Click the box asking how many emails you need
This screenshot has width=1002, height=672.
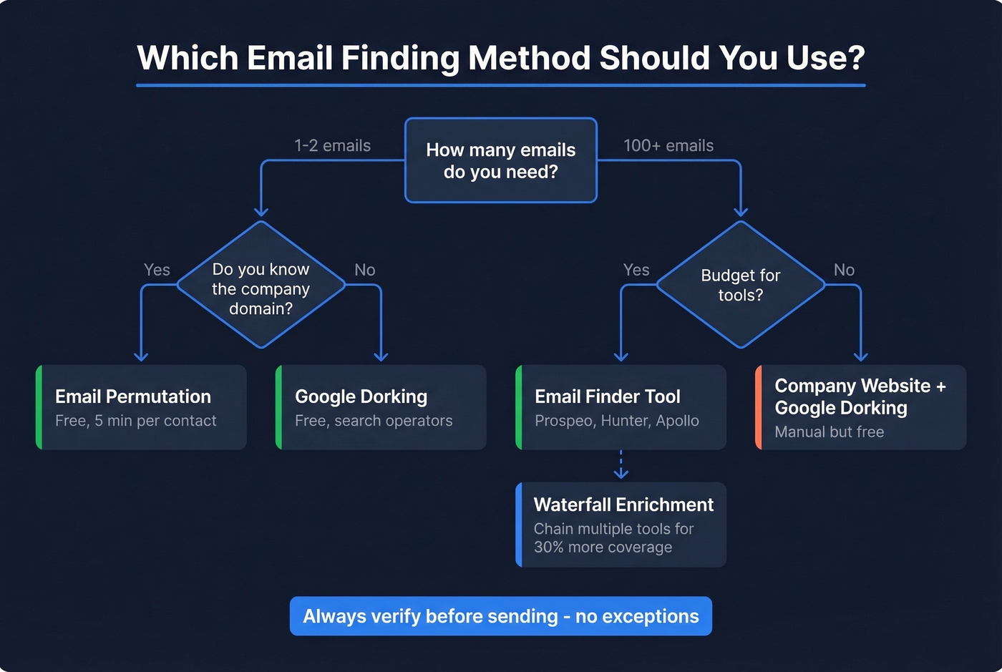[x=500, y=160]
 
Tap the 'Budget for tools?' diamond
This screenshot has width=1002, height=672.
[x=740, y=285]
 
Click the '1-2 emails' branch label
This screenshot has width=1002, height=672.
[x=332, y=146]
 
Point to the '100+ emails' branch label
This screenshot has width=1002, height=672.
[x=668, y=146]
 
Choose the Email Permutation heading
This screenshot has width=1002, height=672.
[x=133, y=396]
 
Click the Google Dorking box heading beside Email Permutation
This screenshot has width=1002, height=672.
[x=361, y=396]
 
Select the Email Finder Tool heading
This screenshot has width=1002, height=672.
[x=608, y=396]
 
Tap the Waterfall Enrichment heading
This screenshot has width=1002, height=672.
[x=623, y=505]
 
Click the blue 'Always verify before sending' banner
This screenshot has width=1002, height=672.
[x=500, y=616]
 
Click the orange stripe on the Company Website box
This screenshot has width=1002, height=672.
[x=759, y=407]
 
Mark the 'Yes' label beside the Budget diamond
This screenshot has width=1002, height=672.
[x=636, y=270]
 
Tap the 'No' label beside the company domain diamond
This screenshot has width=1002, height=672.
[x=364, y=270]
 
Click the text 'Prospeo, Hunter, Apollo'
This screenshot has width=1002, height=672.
[x=616, y=421]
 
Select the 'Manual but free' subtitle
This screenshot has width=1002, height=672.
[x=829, y=432]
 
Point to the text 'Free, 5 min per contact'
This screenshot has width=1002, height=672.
[x=135, y=421]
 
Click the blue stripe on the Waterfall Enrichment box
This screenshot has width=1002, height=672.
[x=519, y=525]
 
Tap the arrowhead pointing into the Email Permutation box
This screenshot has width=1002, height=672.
[x=141, y=356]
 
